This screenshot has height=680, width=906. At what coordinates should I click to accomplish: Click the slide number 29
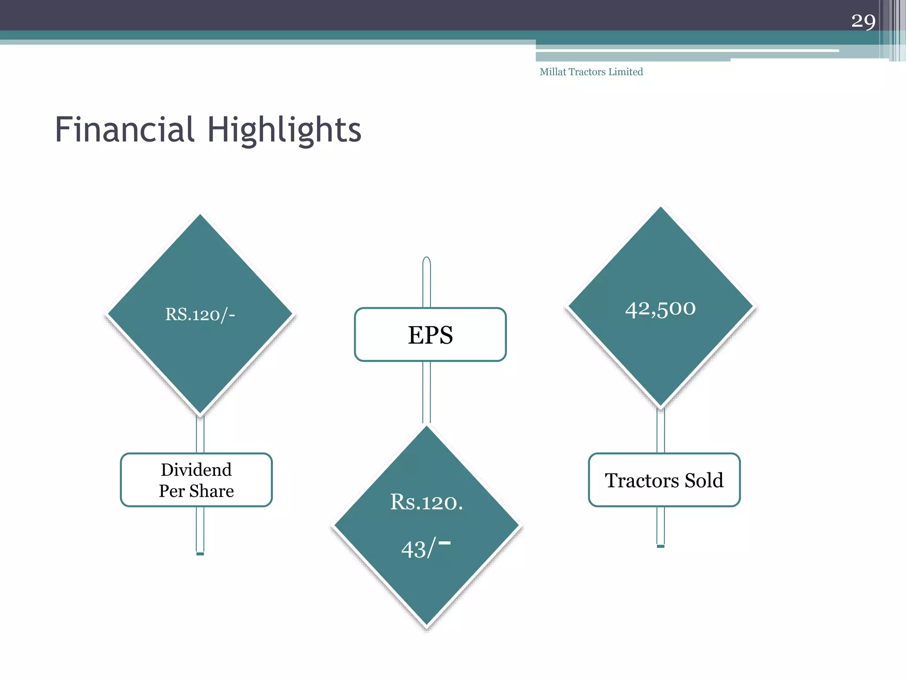pyautogui.click(x=863, y=21)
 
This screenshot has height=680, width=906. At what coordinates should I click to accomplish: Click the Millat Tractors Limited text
pyautogui.click(x=591, y=72)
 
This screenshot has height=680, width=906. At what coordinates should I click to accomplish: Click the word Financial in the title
pyautogui.click(x=124, y=129)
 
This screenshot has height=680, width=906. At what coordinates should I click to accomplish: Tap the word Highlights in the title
pyautogui.click(x=284, y=130)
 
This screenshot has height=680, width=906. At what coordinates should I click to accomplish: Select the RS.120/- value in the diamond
pyautogui.click(x=200, y=314)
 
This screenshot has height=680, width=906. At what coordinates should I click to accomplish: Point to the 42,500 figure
pyautogui.click(x=660, y=308)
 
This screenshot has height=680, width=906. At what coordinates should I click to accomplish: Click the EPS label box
pyautogui.click(x=430, y=335)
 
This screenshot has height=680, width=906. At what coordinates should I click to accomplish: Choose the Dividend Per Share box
pyautogui.click(x=196, y=480)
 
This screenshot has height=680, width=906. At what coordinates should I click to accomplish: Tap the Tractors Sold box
pyautogui.click(x=664, y=480)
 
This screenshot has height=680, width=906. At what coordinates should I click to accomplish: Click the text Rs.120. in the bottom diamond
pyautogui.click(x=426, y=502)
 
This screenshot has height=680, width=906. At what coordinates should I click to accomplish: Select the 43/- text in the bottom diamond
pyautogui.click(x=425, y=548)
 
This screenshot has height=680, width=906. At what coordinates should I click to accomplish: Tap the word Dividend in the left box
pyautogui.click(x=196, y=470)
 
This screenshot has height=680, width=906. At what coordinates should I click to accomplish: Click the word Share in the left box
pyautogui.click(x=211, y=491)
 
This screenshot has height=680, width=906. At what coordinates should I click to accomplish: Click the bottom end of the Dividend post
pyautogui.click(x=200, y=552)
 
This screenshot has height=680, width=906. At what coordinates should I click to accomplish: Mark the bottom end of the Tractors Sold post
pyautogui.click(x=660, y=545)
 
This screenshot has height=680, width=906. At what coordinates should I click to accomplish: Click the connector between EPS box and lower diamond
pyautogui.click(x=426, y=392)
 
